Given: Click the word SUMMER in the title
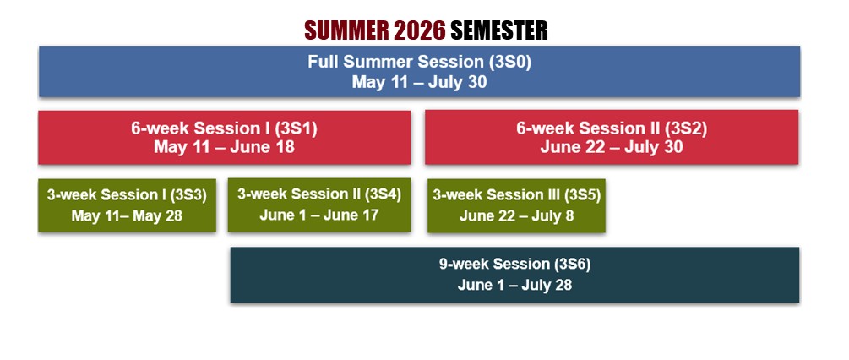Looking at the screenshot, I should pyautogui.click(x=346, y=30).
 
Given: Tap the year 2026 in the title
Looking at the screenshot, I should pyautogui.click(x=418, y=30).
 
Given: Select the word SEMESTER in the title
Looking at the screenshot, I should pyautogui.click(x=498, y=30).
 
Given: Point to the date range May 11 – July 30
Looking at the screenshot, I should pyautogui.click(x=419, y=82).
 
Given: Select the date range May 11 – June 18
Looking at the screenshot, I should pyautogui.click(x=224, y=147).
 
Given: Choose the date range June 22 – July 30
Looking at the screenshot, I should pyautogui.click(x=611, y=147).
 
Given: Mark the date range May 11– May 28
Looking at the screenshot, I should pyautogui.click(x=126, y=215).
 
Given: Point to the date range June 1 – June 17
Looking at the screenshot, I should pyautogui.click(x=318, y=215).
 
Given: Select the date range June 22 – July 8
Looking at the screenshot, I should pyautogui.click(x=516, y=215).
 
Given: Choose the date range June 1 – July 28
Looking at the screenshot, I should pyautogui.click(x=514, y=285).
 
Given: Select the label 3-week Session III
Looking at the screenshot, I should pyautogui.click(x=488, y=194).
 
